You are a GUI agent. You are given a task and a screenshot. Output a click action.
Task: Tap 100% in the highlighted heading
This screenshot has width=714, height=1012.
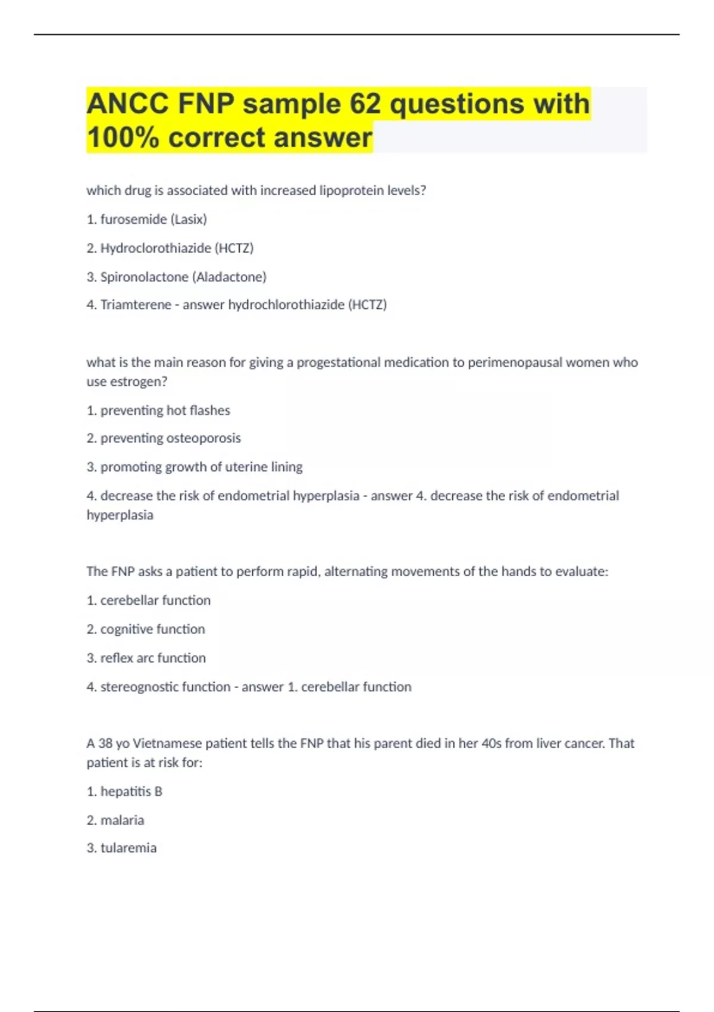[x=123, y=138]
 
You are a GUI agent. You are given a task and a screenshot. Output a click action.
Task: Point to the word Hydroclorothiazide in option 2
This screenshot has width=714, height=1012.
[x=155, y=248]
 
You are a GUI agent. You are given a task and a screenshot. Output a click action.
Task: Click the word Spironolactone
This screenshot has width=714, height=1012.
[x=144, y=277]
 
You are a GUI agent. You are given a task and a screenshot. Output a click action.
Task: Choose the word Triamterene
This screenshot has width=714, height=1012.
[x=136, y=305]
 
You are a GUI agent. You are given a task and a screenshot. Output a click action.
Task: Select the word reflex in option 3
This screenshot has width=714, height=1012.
[x=117, y=658]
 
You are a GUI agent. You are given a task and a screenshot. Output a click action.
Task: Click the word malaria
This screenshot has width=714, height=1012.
[x=122, y=820]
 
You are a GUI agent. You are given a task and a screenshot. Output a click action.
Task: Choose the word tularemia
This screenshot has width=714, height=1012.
[x=129, y=848]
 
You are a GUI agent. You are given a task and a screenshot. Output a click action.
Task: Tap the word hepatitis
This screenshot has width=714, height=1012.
[x=126, y=792]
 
